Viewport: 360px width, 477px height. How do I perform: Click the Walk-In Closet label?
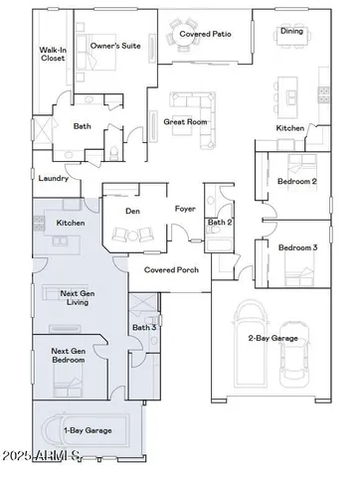click(53, 54)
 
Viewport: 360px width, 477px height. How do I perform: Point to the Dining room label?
click(291, 31)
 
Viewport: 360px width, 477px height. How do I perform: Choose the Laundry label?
click(54, 179)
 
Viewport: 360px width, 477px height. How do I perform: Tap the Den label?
click(131, 211)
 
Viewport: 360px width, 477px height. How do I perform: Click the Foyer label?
click(185, 210)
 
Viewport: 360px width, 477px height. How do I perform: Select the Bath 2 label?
click(220, 223)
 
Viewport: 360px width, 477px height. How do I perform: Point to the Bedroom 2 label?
click(297, 182)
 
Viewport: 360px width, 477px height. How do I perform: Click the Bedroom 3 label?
click(297, 247)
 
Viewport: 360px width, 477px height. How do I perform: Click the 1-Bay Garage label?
click(88, 430)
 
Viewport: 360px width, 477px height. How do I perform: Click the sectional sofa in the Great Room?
click(188, 102)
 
